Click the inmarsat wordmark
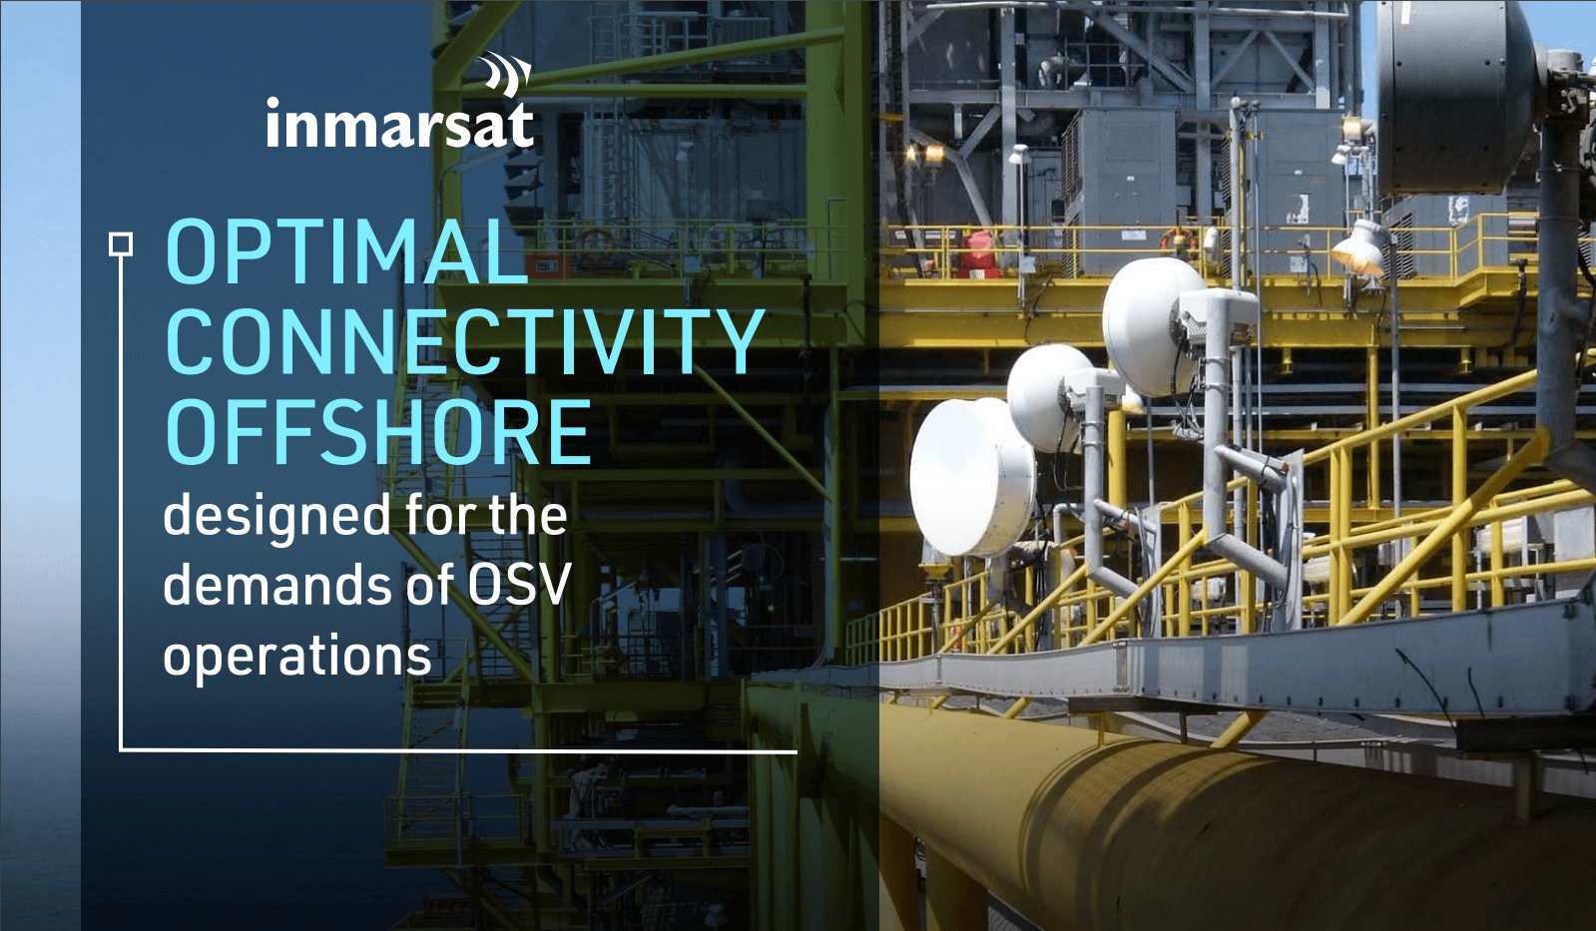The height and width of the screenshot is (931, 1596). [399, 124]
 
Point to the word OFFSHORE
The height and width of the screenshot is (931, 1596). [377, 432]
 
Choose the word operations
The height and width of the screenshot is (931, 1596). [297, 657]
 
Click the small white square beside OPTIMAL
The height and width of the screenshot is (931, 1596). [121, 244]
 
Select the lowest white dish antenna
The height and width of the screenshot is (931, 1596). [972, 477]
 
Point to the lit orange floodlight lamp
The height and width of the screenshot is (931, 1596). [1359, 247]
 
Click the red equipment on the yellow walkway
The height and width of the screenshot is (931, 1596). [978, 253]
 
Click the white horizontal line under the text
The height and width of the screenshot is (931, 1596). [458, 750]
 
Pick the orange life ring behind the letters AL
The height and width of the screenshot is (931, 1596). [595, 242]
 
